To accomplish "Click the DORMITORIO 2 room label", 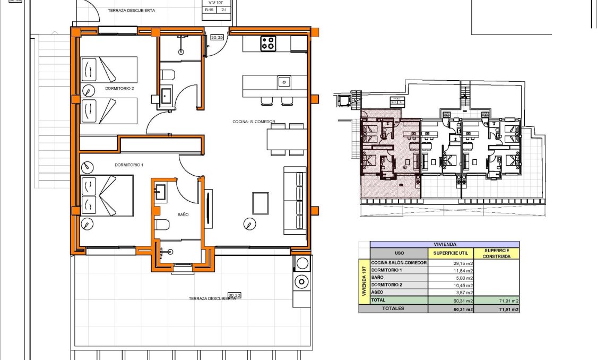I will coord(119,89).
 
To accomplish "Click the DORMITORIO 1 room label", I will coord(129,165).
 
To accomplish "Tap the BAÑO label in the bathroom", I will coord(183,215).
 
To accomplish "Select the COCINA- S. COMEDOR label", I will coord(254,122).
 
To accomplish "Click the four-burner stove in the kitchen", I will coord(268,44).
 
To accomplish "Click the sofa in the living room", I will coord(295,201).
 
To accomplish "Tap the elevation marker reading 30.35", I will coord(217,38).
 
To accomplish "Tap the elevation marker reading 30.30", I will coord(234,295).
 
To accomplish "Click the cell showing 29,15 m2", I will coord(451,263).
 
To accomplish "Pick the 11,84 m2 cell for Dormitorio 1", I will coord(451,270).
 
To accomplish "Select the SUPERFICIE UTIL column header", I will coord(450,253).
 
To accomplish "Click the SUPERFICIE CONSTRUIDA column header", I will coord(496,253).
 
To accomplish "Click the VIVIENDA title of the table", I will coord(444,244).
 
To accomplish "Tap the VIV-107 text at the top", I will coord(217,3).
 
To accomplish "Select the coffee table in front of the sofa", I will coord(261,202).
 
